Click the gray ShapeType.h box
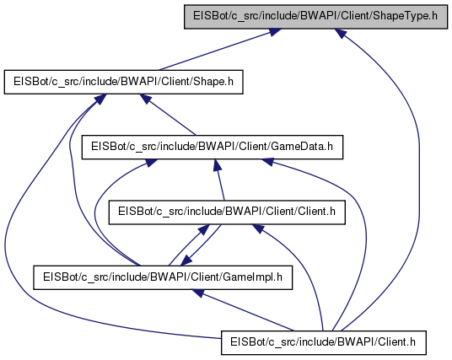click(x=315, y=16)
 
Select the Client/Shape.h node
click(x=123, y=82)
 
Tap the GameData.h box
click(x=213, y=147)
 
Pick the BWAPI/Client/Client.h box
click(x=227, y=212)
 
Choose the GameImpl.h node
click(x=163, y=277)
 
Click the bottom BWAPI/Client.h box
click(x=324, y=342)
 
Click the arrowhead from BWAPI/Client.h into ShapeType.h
click(x=340, y=33)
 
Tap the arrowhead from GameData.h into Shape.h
click(x=146, y=99)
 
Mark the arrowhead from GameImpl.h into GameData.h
click(x=151, y=163)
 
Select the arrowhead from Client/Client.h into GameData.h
click(x=218, y=165)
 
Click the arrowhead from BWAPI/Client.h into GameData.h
click(x=266, y=161)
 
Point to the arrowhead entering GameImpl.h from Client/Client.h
click(x=186, y=261)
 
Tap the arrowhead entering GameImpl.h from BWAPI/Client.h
click(x=197, y=293)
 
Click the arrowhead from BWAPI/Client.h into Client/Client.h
click(x=258, y=228)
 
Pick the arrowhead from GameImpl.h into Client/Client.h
click(x=204, y=229)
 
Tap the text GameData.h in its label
click(x=302, y=147)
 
